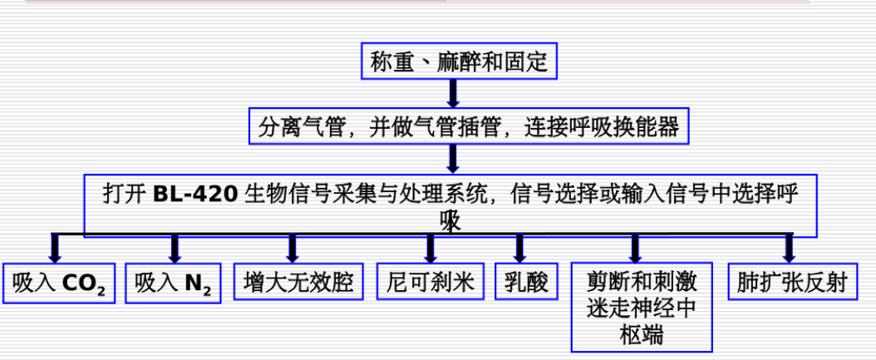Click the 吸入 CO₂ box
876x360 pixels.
[58, 284]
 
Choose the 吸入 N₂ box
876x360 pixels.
[173, 284]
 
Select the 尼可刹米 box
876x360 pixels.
[430, 283]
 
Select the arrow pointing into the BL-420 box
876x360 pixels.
[453, 159]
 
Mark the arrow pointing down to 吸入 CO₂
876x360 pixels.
[56, 249]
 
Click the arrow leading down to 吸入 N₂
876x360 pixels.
[175, 249]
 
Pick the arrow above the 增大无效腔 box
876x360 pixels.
[293, 249]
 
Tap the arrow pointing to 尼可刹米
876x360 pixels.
[430, 249]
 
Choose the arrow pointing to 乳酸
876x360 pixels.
[519, 249]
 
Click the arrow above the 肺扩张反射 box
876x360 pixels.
[788, 249]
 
